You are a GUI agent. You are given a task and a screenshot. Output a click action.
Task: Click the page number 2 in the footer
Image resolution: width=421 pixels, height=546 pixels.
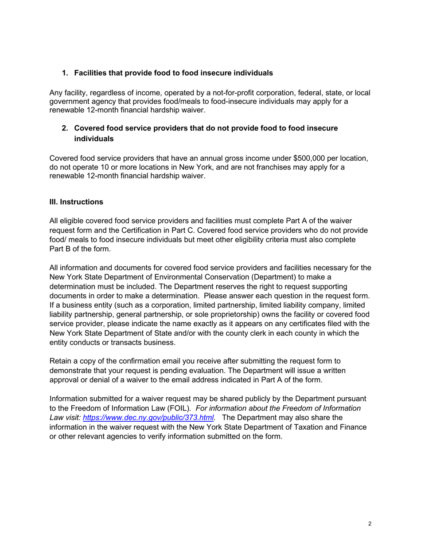pos(370,524)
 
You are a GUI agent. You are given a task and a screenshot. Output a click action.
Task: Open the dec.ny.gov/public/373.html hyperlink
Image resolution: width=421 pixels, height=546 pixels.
pos(148,418)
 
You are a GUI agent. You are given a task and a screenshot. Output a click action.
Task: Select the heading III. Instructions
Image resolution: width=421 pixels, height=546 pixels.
pos(76,202)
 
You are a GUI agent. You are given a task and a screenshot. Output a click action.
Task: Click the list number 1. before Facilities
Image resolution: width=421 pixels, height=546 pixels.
pos(65,73)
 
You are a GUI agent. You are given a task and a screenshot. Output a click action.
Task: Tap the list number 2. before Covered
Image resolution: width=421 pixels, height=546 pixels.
pos(65,128)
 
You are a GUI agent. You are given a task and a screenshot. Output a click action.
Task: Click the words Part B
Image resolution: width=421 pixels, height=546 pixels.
pos(60,249)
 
